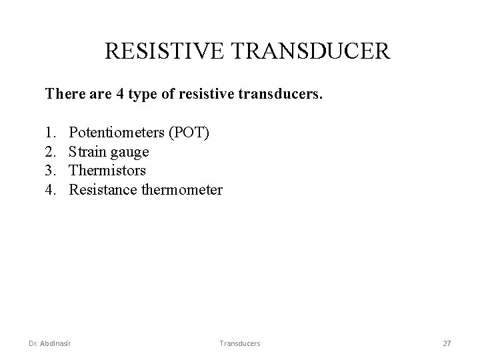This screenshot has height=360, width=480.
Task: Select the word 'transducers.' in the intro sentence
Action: tap(284, 95)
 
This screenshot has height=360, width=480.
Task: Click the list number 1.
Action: tap(50, 133)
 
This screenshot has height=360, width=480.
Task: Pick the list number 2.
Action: tap(50, 152)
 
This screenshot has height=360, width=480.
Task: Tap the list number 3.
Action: tap(50, 171)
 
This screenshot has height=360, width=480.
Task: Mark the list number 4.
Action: tap(50, 191)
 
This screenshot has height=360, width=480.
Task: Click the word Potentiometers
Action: tap(117, 133)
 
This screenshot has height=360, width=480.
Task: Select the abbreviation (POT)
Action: tap(189, 133)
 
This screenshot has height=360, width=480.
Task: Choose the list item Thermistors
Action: tap(107, 171)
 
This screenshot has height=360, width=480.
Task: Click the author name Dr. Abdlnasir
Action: tap(51, 343)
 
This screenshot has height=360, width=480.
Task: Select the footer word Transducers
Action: tap(240, 343)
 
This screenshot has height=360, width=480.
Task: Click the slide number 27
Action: tap(447, 343)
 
